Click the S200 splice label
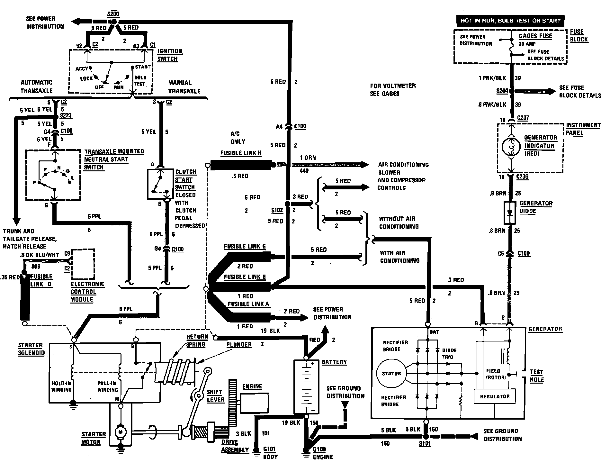(113, 14)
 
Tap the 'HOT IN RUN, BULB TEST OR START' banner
(510, 21)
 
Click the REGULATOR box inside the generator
(495, 396)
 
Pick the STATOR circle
(391, 374)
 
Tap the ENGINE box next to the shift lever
(255, 403)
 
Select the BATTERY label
(334, 362)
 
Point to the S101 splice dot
(425, 436)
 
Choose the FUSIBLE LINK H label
(241, 153)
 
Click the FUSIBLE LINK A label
(248, 304)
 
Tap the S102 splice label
(277, 210)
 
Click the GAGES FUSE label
(535, 36)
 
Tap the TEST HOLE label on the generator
(536, 376)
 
